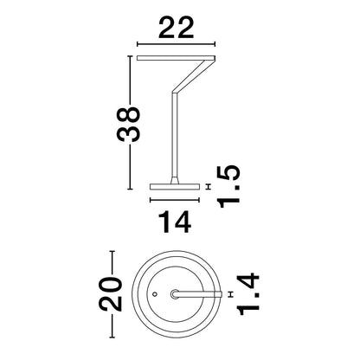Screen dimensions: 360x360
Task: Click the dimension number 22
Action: (176, 28)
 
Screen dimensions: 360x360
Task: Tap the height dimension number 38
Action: (128, 125)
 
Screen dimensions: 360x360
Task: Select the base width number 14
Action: (175, 222)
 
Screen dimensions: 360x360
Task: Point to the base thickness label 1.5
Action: (229, 187)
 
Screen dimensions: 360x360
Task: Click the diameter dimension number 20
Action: (111, 294)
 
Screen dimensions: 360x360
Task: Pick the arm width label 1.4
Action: (248, 294)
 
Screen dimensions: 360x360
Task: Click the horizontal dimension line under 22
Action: (176, 44)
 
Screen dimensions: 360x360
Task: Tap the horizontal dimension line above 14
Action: (175, 200)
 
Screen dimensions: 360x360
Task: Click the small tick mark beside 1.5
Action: (208, 187)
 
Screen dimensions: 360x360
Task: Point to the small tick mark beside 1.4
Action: (230, 294)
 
